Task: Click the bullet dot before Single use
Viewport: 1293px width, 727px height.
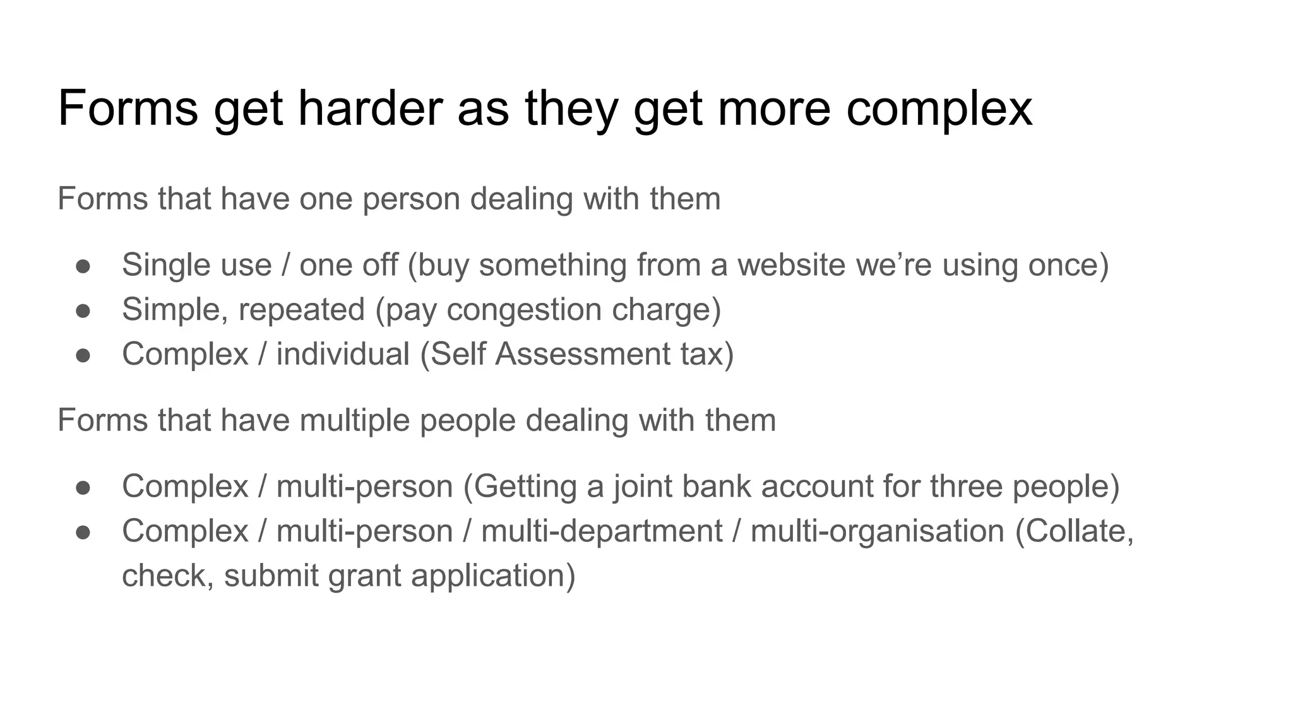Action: click(83, 266)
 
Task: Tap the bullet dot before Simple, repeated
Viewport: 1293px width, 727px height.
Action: click(83, 310)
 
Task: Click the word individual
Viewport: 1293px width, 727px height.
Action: click(343, 353)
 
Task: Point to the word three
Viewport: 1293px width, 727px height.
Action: click(966, 487)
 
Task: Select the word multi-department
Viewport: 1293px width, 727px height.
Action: click(602, 531)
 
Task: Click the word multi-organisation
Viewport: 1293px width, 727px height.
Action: click(877, 531)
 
